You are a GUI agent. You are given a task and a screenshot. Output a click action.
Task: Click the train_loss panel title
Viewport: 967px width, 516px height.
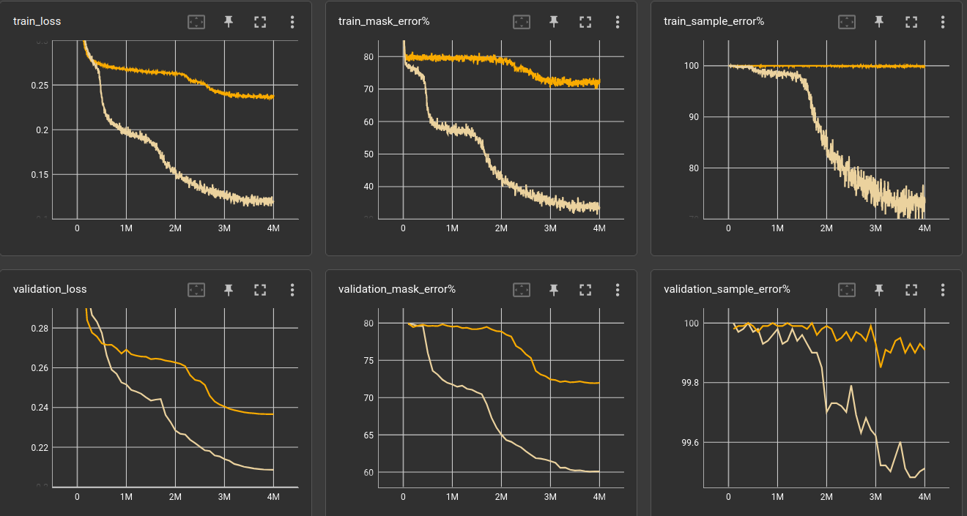pos(37,21)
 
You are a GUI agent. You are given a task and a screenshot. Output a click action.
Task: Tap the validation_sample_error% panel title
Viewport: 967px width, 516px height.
pos(727,289)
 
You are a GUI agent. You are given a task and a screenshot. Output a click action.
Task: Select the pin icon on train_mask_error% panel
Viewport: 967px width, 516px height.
pos(553,22)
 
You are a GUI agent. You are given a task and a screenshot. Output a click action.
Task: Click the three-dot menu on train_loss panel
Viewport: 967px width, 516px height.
pos(292,22)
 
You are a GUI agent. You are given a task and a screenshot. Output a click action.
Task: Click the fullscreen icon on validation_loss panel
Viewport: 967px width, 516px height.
pos(260,290)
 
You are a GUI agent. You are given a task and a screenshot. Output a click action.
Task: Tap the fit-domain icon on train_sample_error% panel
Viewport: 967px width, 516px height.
pos(847,22)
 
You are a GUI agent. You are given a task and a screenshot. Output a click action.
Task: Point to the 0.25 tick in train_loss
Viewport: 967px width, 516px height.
pos(39,86)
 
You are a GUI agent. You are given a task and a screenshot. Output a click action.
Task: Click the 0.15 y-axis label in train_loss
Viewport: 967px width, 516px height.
pos(39,174)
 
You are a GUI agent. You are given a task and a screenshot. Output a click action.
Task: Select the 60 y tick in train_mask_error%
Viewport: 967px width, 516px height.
pos(368,121)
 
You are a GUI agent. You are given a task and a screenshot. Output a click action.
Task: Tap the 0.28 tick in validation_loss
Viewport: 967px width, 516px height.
pos(39,328)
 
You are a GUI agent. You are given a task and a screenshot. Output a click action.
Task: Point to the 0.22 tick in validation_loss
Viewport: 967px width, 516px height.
pos(39,447)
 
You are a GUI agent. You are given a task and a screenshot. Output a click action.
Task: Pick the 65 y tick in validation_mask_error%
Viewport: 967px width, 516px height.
pos(368,435)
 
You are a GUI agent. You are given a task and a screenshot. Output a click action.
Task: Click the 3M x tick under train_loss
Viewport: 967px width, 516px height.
pos(224,228)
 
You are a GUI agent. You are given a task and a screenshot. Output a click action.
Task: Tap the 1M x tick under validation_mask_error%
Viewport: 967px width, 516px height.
pos(452,496)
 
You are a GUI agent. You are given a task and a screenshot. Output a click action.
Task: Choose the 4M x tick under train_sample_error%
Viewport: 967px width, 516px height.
pos(925,228)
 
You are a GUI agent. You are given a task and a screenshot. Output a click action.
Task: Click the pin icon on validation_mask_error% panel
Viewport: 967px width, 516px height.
pos(553,290)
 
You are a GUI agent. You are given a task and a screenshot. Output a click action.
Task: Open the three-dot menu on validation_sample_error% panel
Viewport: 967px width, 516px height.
pos(943,290)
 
